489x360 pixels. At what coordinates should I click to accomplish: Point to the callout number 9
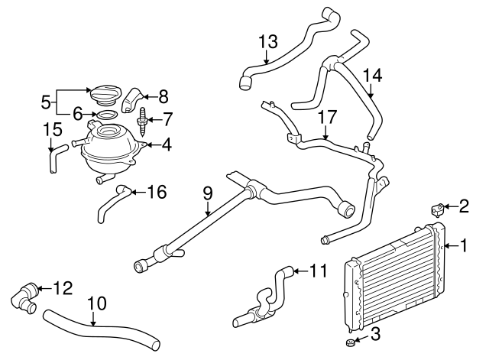[206, 194]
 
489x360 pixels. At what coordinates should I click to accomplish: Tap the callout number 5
[45, 100]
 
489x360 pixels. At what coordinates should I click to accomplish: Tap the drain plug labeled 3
[346, 341]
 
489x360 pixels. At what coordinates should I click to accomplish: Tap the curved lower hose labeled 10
[99, 328]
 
